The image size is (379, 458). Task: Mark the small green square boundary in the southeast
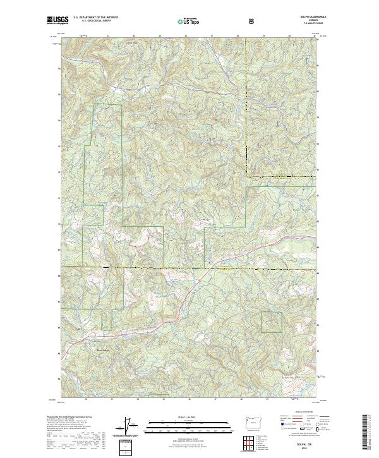272,322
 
